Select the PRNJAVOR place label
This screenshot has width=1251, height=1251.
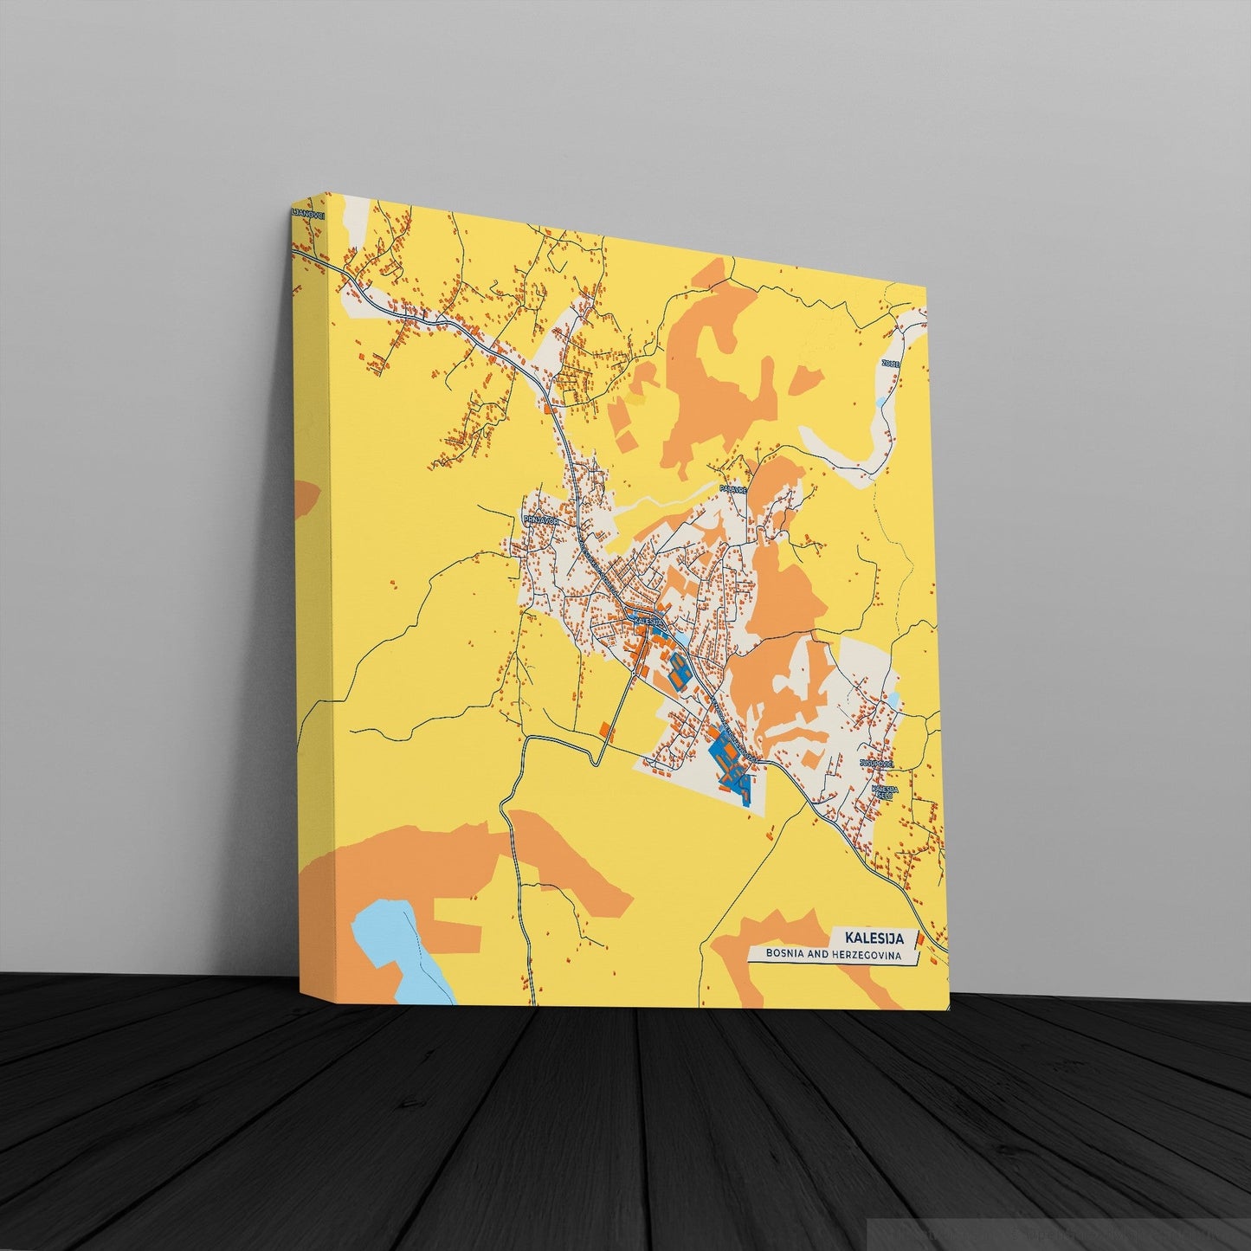coord(536,520)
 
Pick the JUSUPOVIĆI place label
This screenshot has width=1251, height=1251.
coord(876,764)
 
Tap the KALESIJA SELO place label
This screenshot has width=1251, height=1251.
coord(885,792)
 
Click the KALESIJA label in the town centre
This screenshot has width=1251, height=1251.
coord(648,621)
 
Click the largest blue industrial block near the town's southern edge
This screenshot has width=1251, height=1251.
coord(732,762)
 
